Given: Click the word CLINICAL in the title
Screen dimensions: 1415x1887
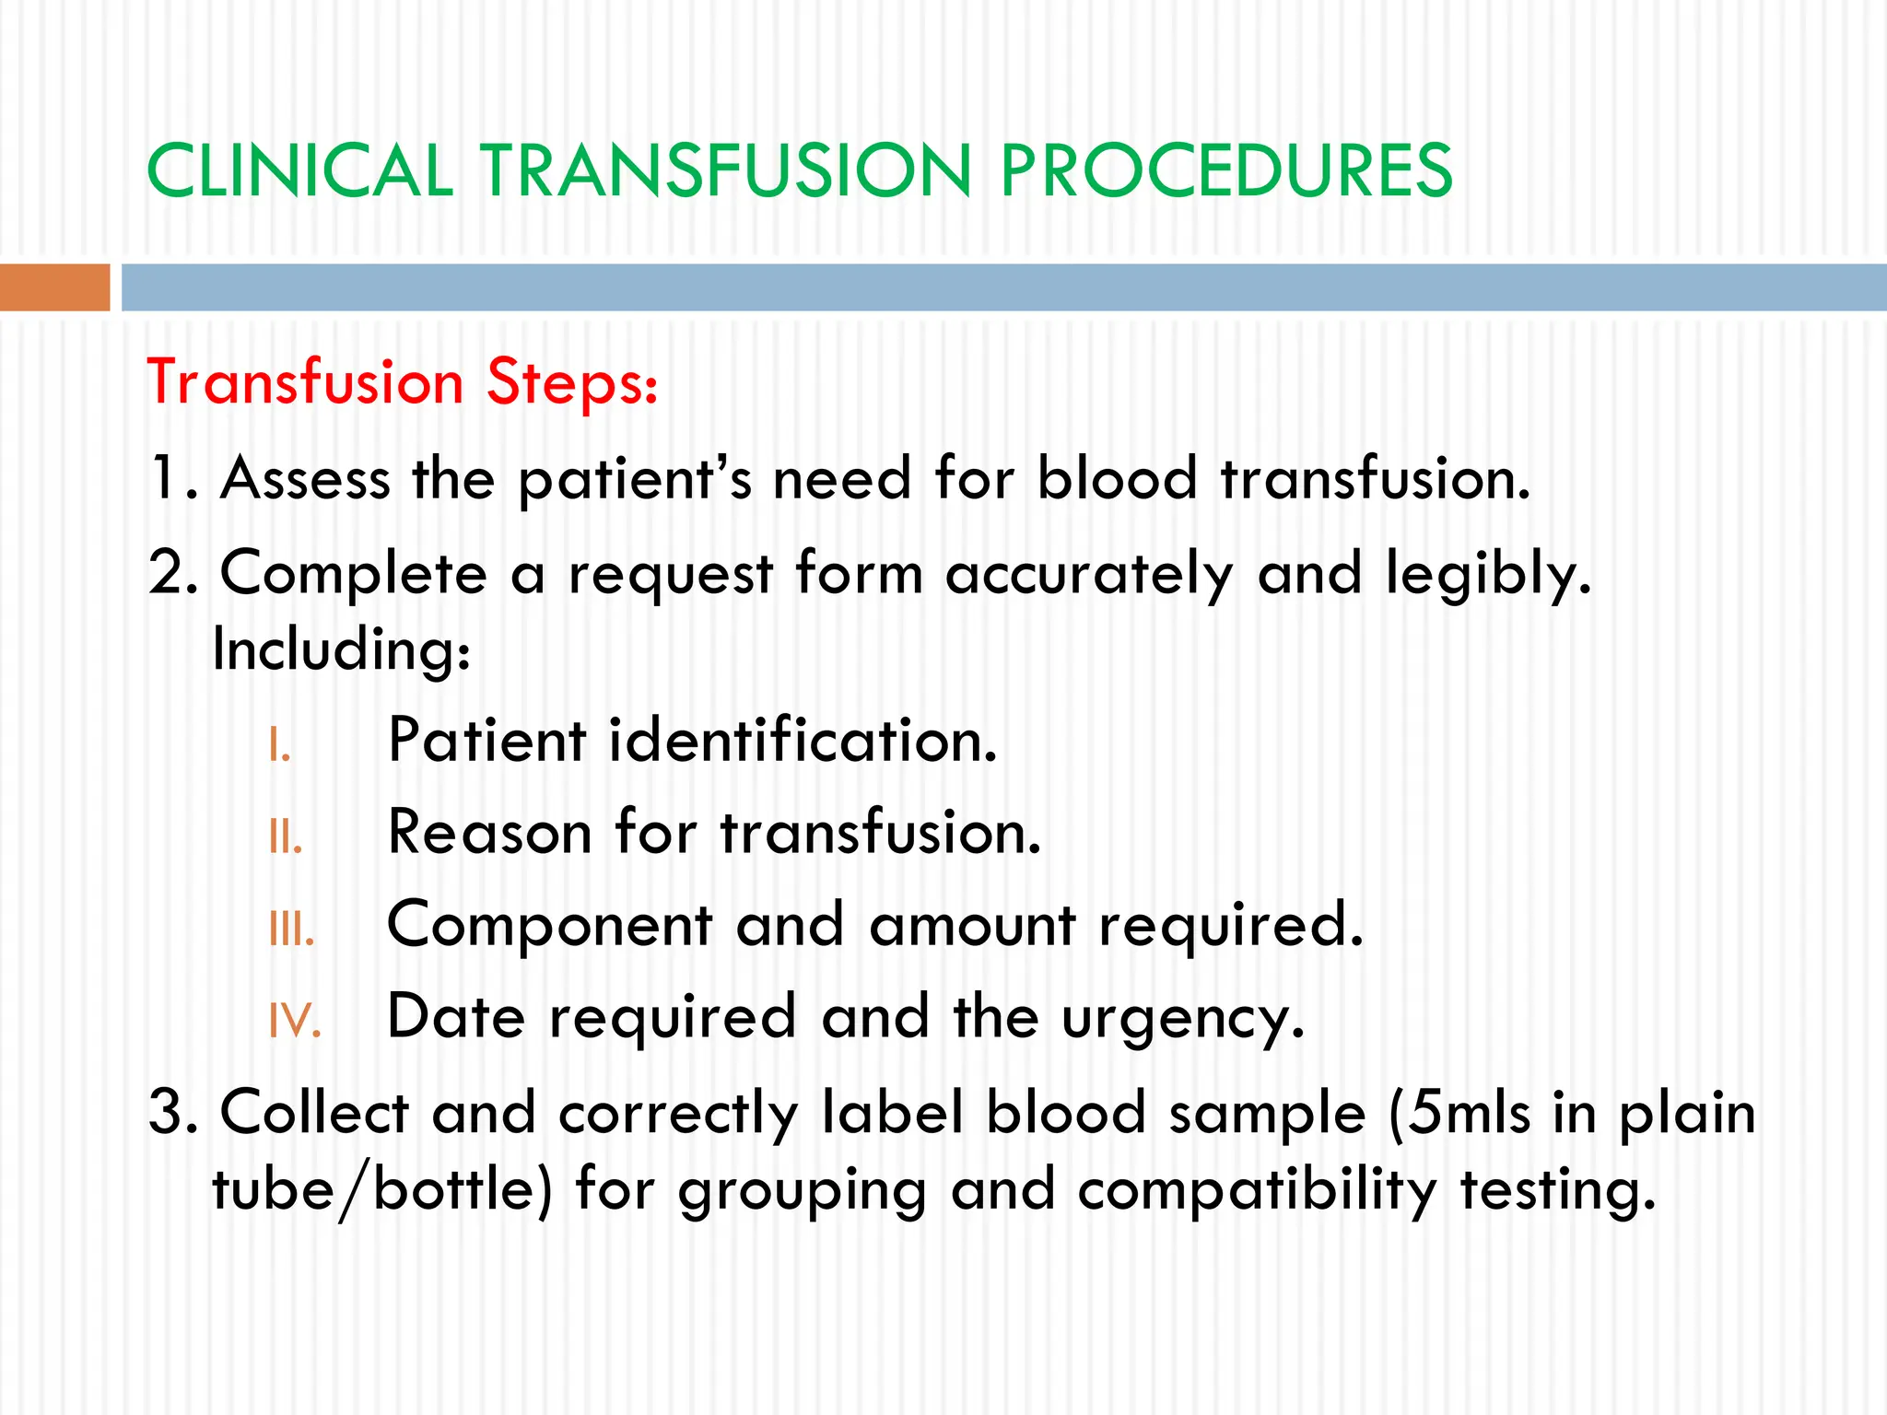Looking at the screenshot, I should [299, 171].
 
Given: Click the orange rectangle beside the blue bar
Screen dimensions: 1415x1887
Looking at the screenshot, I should [54, 287].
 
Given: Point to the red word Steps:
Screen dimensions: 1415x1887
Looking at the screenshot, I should [572, 382].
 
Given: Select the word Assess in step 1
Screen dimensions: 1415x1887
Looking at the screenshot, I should [305, 479].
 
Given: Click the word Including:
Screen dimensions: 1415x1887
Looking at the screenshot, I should [342, 649].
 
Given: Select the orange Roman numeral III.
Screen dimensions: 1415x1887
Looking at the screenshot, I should [291, 930].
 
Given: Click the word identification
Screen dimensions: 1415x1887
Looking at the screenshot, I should [803, 741].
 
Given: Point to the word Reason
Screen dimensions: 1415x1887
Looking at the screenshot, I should [489, 833].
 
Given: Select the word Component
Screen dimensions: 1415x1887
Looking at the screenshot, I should [550, 927].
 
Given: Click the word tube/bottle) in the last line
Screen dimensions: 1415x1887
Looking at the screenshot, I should [381, 1190].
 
